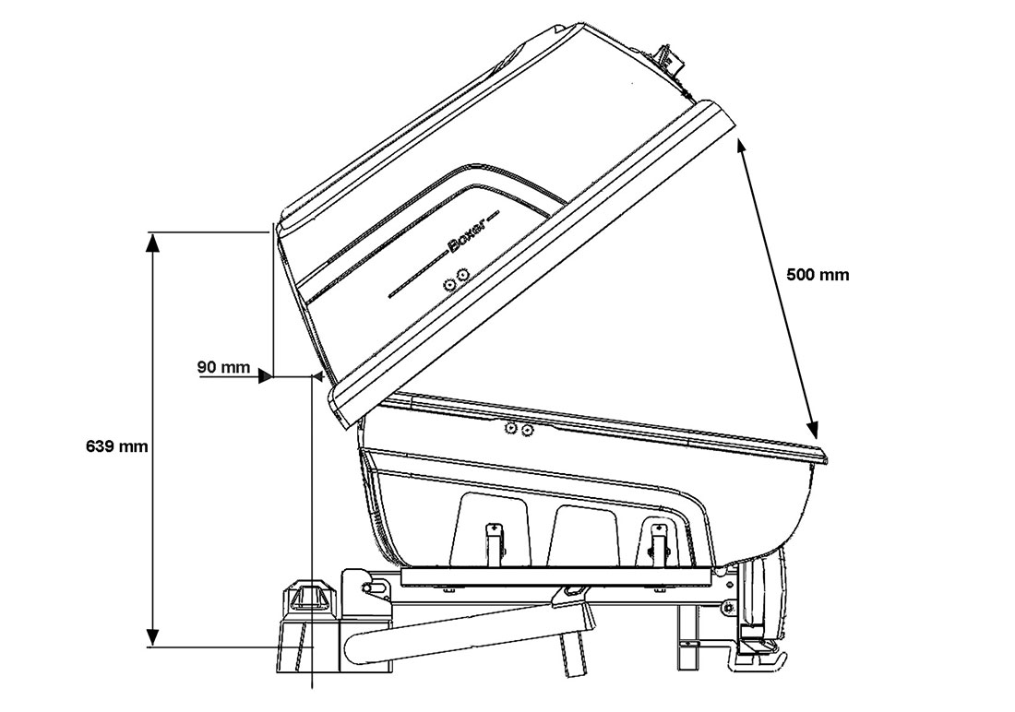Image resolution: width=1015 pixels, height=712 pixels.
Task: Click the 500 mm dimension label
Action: point(818,275)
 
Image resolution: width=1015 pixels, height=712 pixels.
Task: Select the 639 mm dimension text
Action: point(117,446)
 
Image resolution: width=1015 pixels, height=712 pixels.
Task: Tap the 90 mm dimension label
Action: point(223,367)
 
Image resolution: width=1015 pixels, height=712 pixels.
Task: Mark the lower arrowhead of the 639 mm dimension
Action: point(151,635)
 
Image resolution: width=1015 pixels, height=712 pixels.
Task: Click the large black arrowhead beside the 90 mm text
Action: point(265,375)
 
